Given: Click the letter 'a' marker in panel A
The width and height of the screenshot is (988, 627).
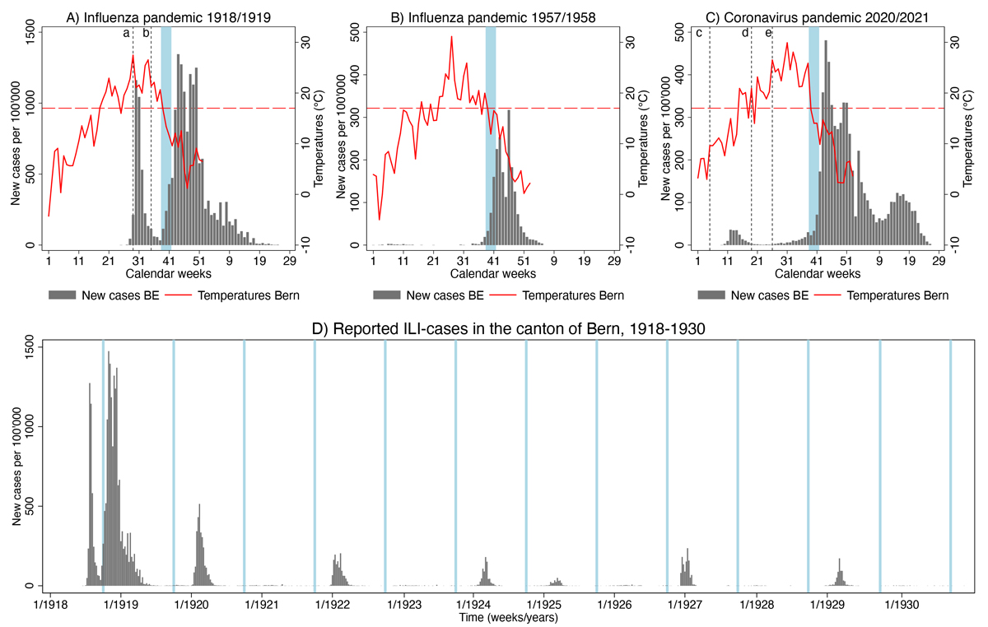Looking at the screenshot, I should point(126,33).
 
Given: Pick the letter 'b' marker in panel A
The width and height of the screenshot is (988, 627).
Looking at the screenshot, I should point(146,33).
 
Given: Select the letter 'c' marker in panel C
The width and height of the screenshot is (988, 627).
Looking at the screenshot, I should point(699,33).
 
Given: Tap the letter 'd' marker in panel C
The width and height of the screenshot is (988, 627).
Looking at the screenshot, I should point(745,33).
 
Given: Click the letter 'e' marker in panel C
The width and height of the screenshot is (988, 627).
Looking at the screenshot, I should point(768,33).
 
